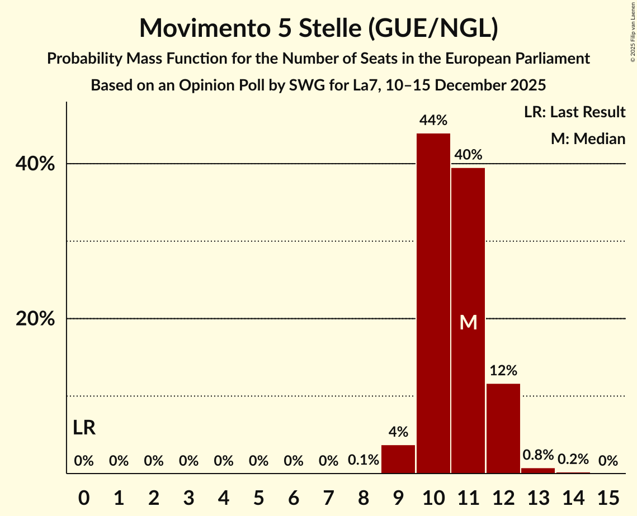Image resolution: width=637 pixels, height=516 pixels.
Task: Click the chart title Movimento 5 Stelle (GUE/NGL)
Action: click(318, 28)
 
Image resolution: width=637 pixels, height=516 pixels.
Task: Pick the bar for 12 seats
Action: click(503, 428)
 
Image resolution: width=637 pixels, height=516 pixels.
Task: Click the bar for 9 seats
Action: click(398, 459)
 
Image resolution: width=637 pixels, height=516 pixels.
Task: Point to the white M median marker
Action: click(468, 322)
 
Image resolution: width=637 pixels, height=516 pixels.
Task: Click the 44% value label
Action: click(433, 120)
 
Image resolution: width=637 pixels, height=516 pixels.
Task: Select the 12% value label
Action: click(503, 370)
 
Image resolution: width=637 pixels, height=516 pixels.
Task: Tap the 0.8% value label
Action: click(538, 455)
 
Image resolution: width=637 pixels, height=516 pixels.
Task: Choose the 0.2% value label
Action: click(573, 460)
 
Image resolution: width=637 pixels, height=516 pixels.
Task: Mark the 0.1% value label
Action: click(364, 461)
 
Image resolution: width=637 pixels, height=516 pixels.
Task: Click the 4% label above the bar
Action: click(398, 432)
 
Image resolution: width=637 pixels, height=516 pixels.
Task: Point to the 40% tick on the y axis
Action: click(35, 164)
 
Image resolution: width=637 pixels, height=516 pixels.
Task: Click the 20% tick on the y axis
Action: click(35, 319)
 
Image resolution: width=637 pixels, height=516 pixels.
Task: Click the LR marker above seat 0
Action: click(84, 428)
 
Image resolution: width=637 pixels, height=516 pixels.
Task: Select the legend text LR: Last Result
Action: click(575, 112)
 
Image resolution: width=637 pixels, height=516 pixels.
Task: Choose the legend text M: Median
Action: click(588, 138)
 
